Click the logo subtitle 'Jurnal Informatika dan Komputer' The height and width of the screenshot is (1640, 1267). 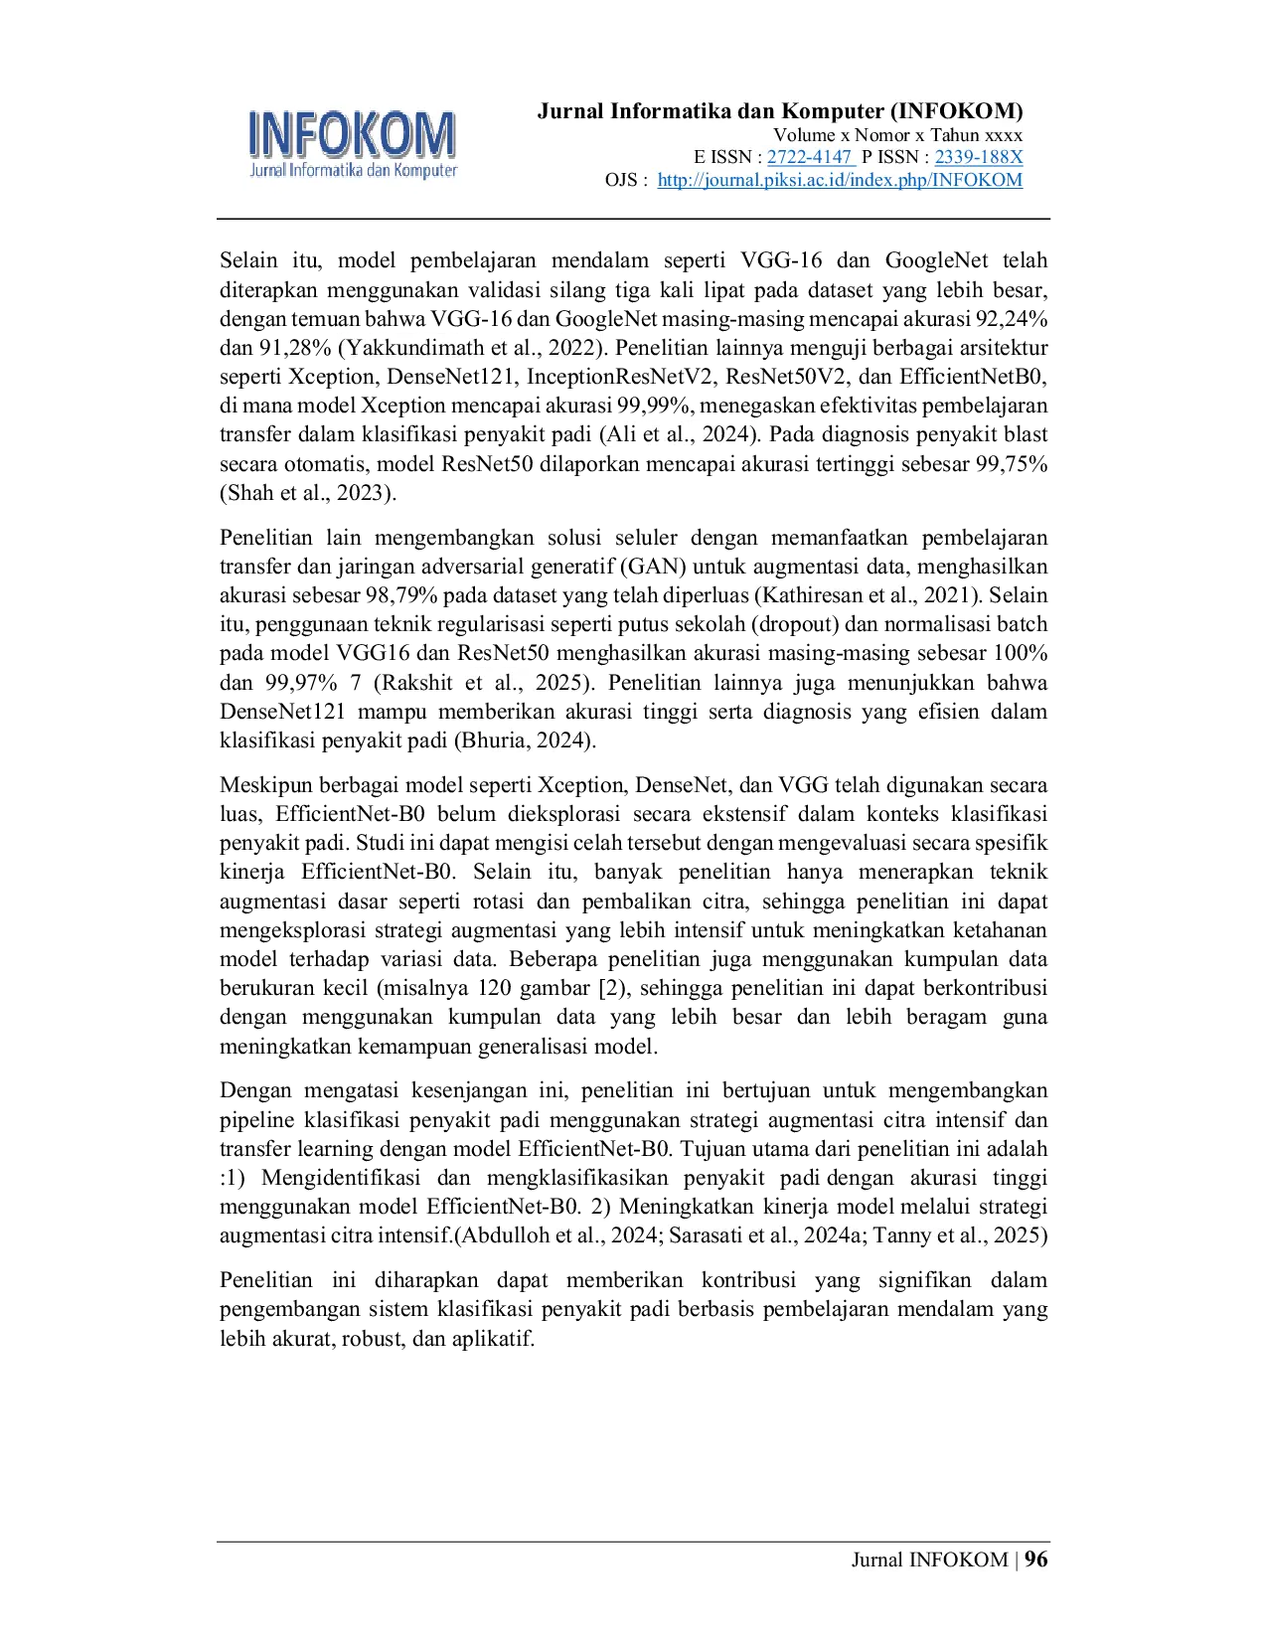(x=353, y=170)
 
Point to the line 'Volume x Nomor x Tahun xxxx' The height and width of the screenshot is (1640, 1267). (x=898, y=134)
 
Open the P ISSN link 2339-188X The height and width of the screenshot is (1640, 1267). (x=978, y=157)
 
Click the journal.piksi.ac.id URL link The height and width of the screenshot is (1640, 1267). (x=840, y=180)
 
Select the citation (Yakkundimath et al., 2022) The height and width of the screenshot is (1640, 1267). (x=470, y=348)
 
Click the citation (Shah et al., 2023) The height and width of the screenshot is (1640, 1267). (x=305, y=493)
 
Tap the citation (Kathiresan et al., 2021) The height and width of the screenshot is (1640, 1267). (x=866, y=595)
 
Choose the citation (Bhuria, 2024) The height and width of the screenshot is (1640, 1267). (x=523, y=740)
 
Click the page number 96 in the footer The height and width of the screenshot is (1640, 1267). (x=1035, y=1559)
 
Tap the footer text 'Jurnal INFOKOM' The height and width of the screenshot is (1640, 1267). (x=929, y=1559)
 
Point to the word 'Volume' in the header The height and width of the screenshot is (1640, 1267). (x=804, y=134)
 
